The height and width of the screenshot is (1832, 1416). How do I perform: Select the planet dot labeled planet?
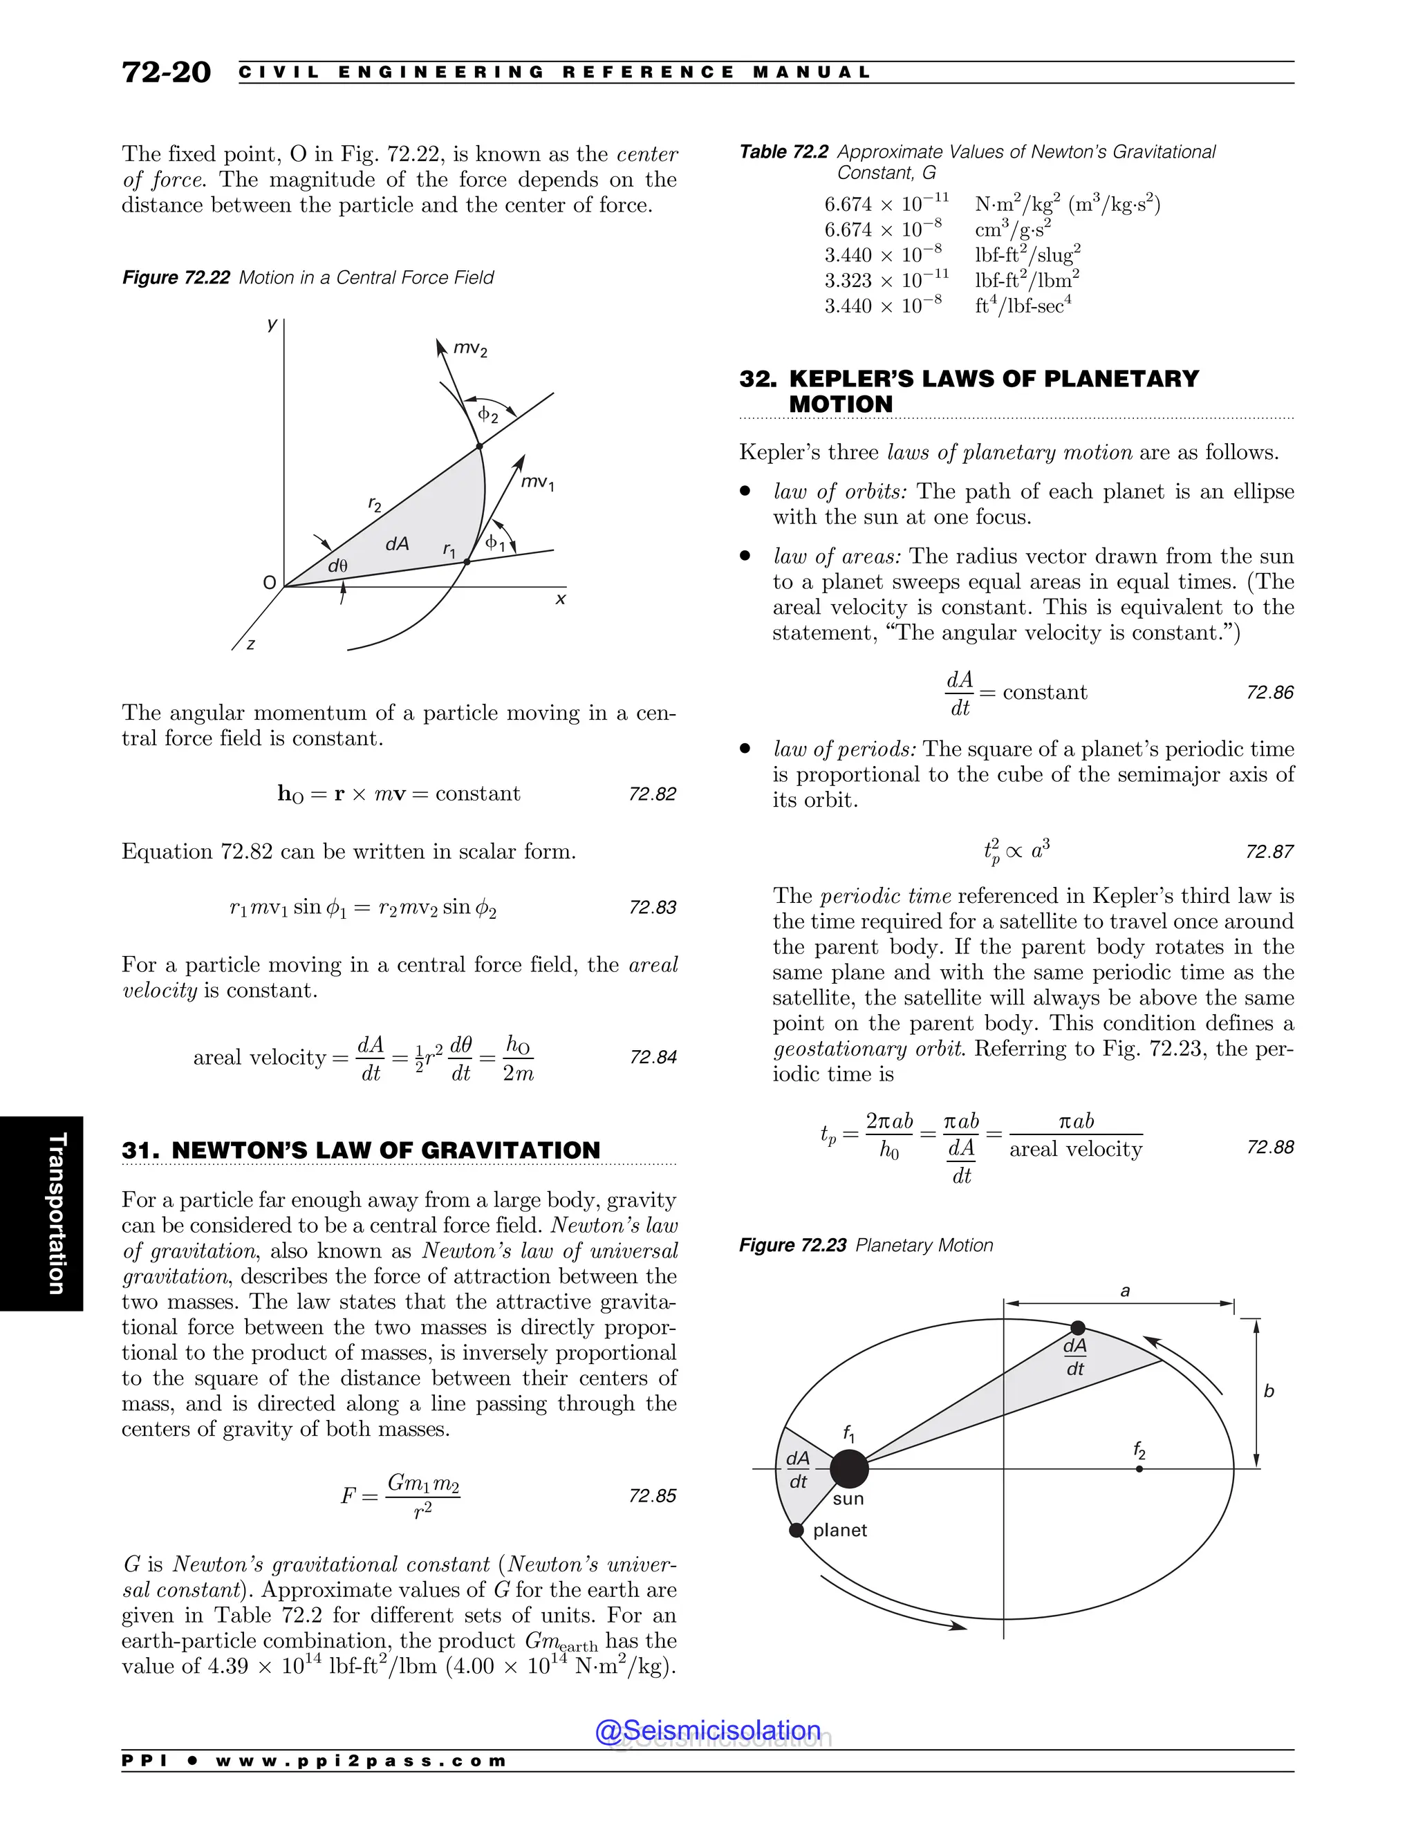pos(796,1530)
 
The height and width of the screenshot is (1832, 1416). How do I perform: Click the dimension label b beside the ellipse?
pos(1268,1392)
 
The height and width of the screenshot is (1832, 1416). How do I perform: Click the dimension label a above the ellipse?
pos(1125,1291)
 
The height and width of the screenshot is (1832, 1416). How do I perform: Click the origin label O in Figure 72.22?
pos(269,583)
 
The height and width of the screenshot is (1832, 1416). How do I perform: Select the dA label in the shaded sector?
pos(397,543)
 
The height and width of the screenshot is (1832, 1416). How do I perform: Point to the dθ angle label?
pos(337,566)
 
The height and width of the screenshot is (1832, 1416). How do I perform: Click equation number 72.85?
pos(652,1495)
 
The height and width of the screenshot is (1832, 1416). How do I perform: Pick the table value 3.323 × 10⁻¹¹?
pos(886,279)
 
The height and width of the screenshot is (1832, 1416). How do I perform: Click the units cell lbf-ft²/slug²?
pos(1027,254)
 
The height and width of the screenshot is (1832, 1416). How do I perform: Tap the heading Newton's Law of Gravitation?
pos(361,1150)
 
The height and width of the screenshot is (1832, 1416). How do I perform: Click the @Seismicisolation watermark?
pos(707,1730)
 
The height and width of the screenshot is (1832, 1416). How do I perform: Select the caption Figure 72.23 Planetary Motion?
pos(865,1245)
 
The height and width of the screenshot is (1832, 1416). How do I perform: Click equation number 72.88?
pos(1269,1147)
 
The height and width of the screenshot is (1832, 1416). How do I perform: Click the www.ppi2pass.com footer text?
pos(361,1760)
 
